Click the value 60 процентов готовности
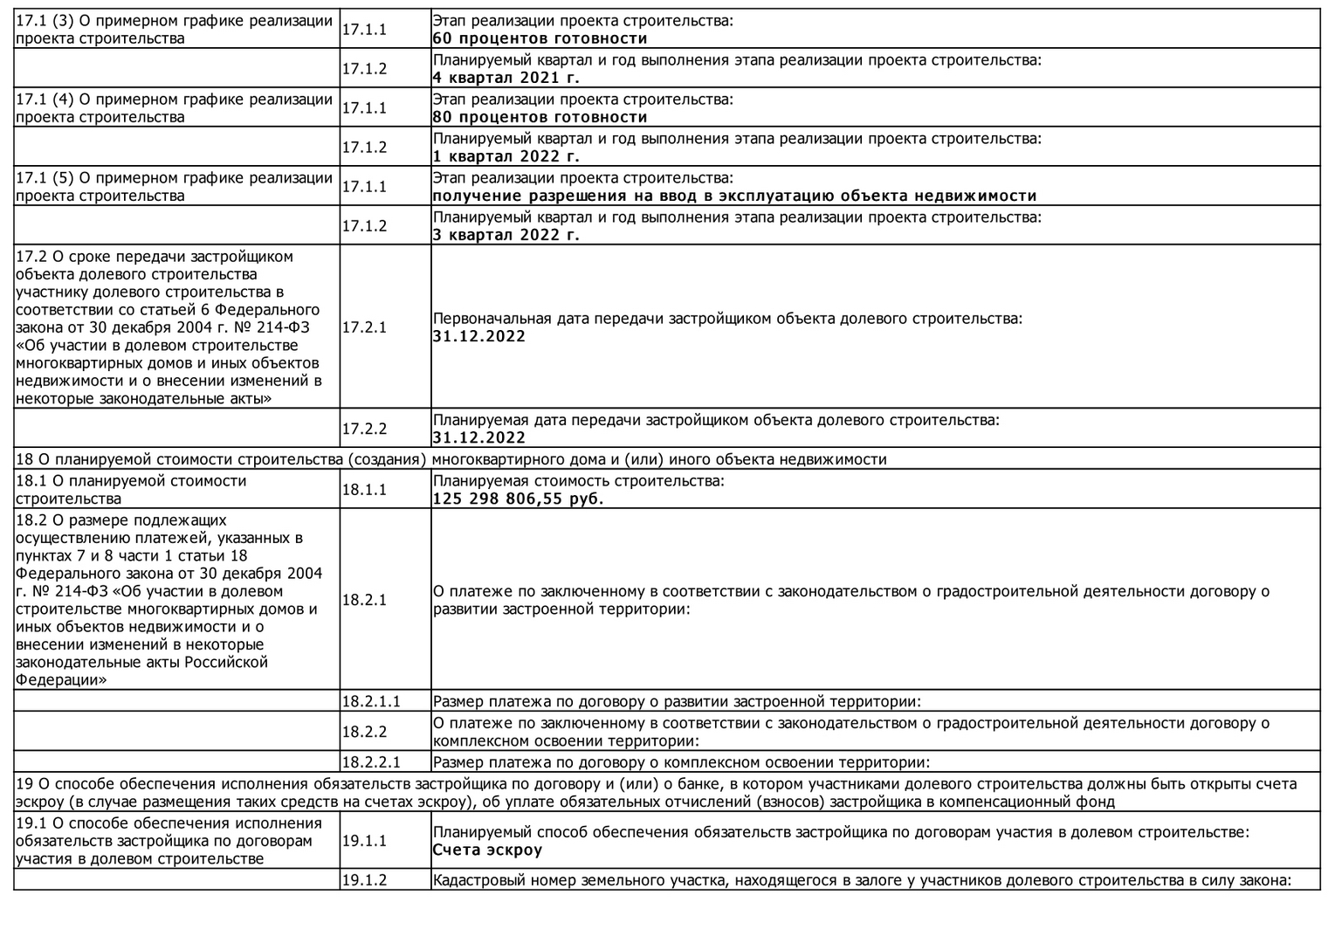tap(540, 38)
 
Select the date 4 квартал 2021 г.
tap(506, 78)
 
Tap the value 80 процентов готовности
tap(540, 117)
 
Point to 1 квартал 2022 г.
tap(506, 157)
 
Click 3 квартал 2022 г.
tap(506, 235)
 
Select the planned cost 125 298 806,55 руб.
tap(518, 499)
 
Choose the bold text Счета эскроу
tap(487, 850)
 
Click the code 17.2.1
tap(364, 327)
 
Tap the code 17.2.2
tap(364, 429)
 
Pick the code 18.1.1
tap(364, 490)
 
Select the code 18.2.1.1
tap(371, 701)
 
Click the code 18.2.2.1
tap(371, 762)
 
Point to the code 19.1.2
tap(364, 880)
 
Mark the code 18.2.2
tap(364, 732)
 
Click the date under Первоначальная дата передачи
tap(478, 337)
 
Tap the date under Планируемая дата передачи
tap(478, 438)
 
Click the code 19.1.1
tap(364, 841)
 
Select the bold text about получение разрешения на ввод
tap(734, 196)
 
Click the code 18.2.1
tap(364, 600)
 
